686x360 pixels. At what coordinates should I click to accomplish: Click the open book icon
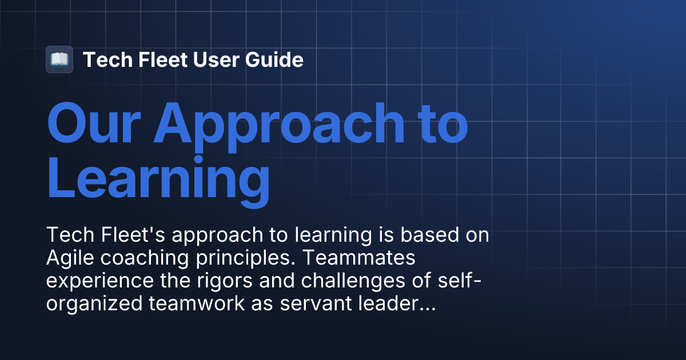point(59,59)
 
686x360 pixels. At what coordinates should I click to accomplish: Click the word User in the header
point(209,59)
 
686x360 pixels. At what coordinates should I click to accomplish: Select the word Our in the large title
point(95,123)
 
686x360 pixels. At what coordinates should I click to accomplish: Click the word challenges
point(332,282)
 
